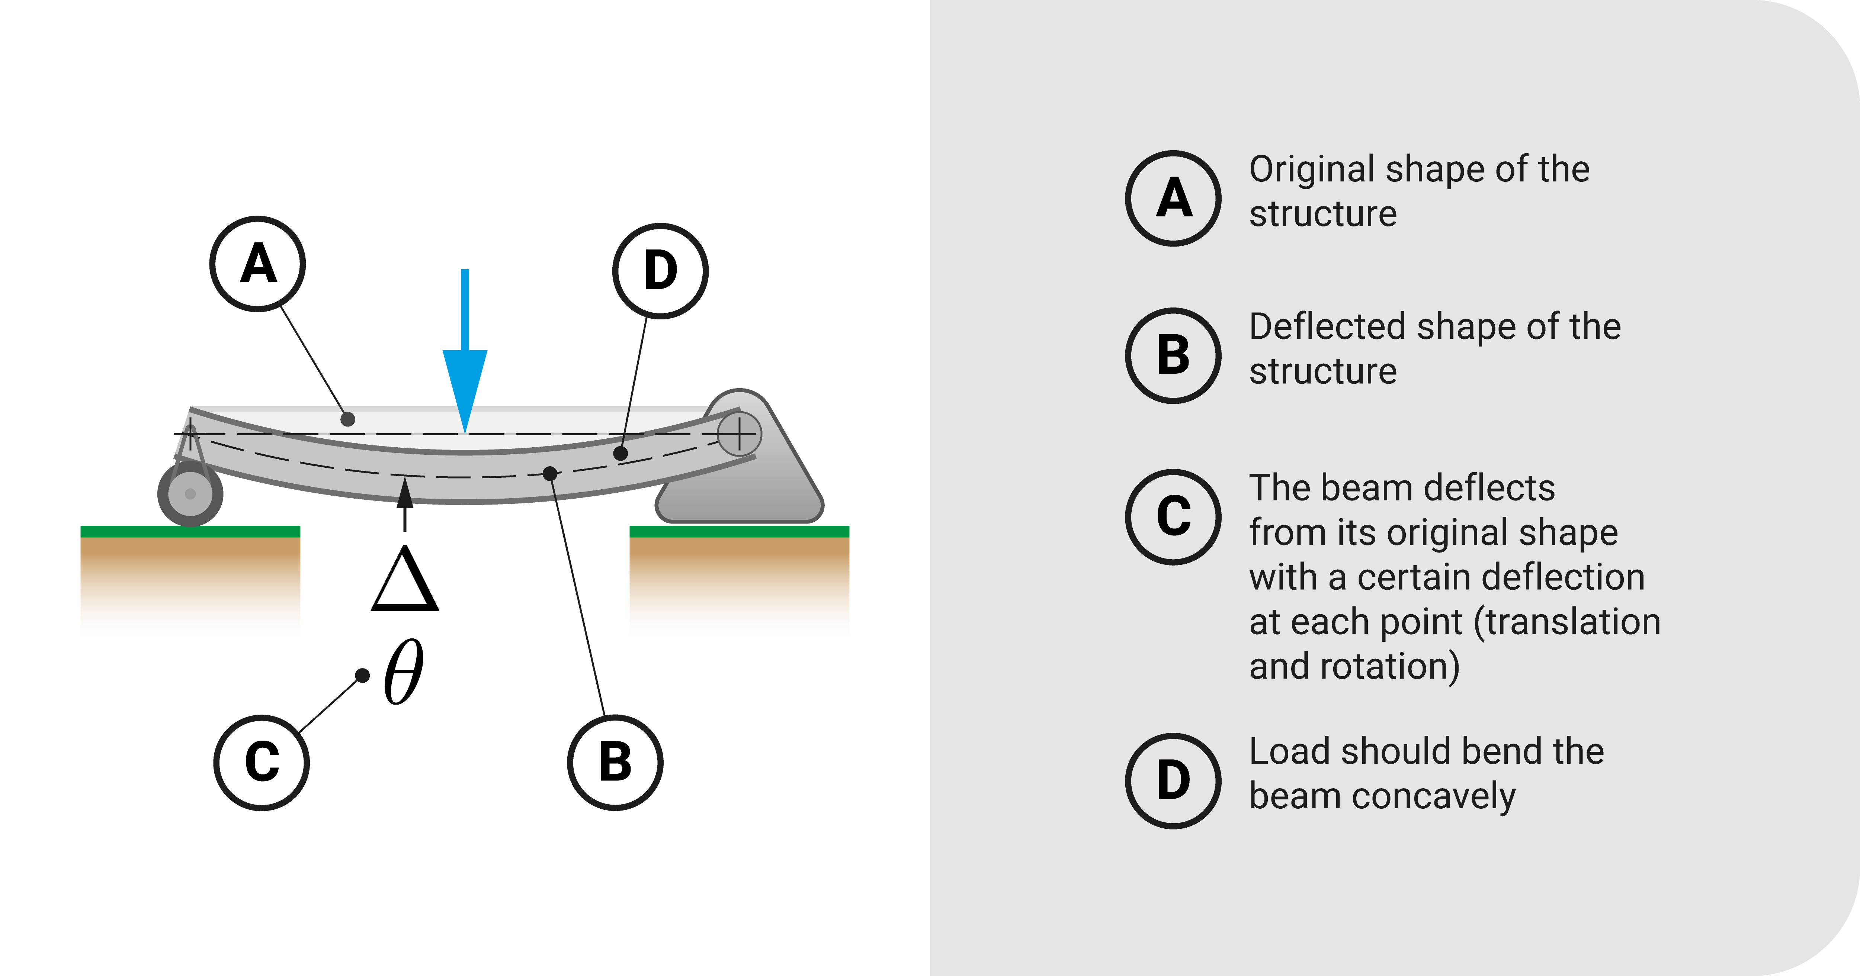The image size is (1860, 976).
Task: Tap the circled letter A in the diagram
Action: [x=258, y=264]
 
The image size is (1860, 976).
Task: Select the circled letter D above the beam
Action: [x=660, y=271]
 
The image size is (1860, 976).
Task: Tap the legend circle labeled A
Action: [x=1173, y=199]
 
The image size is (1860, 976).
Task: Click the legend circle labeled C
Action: [x=1173, y=517]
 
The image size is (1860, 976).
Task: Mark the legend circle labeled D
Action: [x=1173, y=781]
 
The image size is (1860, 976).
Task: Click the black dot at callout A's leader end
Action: [x=348, y=419]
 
